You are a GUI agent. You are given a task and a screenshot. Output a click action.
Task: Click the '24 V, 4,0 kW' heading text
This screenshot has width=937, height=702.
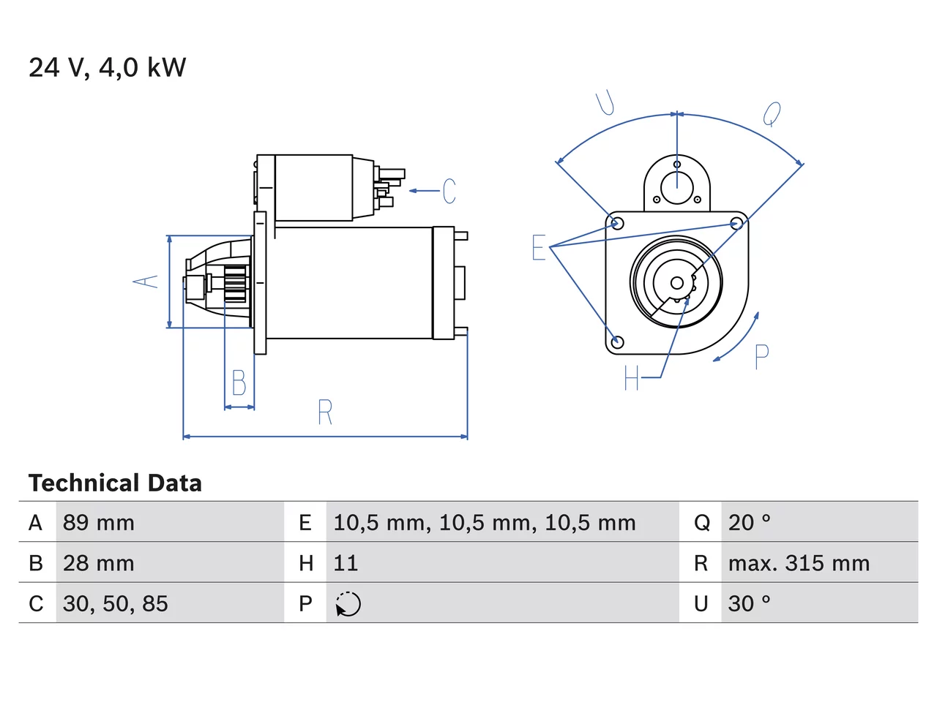click(x=107, y=68)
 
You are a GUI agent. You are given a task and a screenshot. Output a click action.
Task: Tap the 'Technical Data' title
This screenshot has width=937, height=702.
click(x=115, y=483)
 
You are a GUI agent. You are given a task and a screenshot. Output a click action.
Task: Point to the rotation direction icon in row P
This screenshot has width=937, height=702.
click(x=348, y=604)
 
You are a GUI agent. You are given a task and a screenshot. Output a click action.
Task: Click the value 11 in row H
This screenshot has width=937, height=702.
click(x=346, y=563)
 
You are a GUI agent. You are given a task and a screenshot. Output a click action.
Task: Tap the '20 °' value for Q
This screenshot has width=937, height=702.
click(x=750, y=523)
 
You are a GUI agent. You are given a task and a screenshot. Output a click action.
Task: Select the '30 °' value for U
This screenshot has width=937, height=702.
click(x=750, y=603)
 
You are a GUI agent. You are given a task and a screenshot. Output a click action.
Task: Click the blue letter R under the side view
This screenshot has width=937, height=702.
click(x=325, y=412)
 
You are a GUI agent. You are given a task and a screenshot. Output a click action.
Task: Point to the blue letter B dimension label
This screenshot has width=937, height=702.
click(x=239, y=382)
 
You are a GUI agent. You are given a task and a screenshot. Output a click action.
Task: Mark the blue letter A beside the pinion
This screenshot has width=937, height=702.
click(x=146, y=282)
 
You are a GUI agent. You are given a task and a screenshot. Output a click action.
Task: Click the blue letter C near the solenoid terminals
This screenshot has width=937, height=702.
click(x=449, y=191)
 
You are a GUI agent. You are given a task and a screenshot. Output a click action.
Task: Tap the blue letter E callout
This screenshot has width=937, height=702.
click(x=538, y=247)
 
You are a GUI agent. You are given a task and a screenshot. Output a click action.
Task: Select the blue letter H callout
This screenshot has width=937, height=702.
click(x=631, y=377)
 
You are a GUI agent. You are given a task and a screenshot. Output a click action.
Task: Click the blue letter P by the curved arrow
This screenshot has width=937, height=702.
click(x=761, y=356)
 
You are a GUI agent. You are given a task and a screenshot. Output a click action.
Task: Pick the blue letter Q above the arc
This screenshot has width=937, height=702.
click(x=772, y=114)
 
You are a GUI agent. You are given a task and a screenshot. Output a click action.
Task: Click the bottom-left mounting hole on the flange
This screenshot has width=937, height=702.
click(x=617, y=341)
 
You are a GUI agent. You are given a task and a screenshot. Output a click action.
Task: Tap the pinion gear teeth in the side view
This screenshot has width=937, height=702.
click(x=235, y=284)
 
